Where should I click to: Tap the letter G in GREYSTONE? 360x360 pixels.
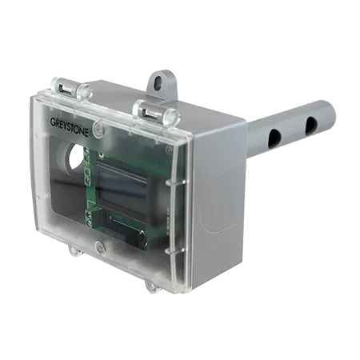tap(52, 124)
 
